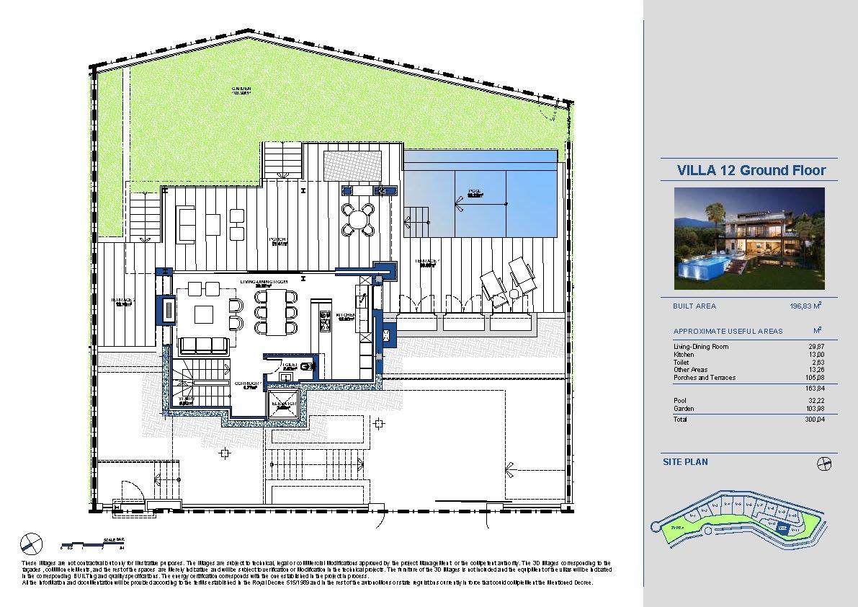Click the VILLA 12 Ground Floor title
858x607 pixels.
pos(751,171)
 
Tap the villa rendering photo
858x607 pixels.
pos(749,238)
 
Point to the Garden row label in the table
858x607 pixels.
pos(684,409)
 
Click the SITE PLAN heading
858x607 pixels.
pos(685,461)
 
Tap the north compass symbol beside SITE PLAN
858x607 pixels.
pos(826,464)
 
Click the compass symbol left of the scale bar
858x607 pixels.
pos(31,542)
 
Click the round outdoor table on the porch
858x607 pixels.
pos(358,220)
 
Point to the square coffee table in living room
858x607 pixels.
pos(204,314)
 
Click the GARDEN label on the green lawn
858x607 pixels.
pos(241,90)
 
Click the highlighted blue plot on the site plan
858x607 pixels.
pos(782,527)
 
